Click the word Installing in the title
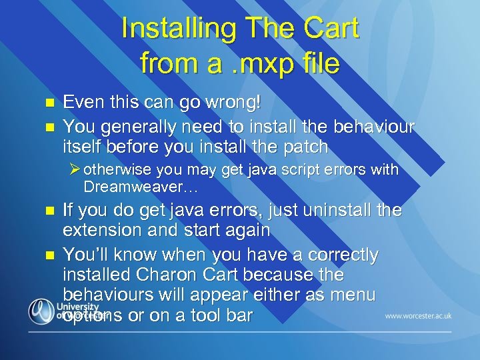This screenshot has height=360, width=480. [x=175, y=29]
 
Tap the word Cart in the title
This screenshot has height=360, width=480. [x=331, y=29]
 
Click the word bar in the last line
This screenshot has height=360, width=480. [x=239, y=315]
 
